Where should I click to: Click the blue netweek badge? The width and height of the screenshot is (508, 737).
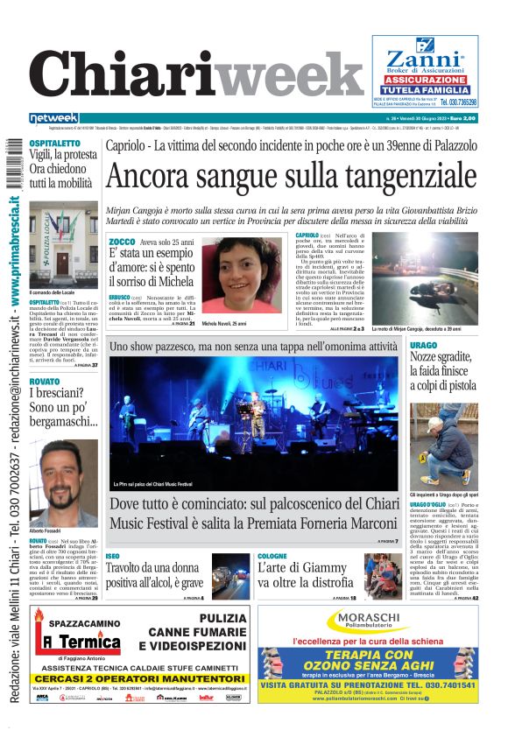(54, 118)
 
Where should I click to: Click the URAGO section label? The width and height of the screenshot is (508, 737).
(424, 347)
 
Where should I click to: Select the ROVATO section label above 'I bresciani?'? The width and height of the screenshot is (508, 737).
(45, 382)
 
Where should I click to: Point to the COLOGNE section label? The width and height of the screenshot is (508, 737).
(273, 556)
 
